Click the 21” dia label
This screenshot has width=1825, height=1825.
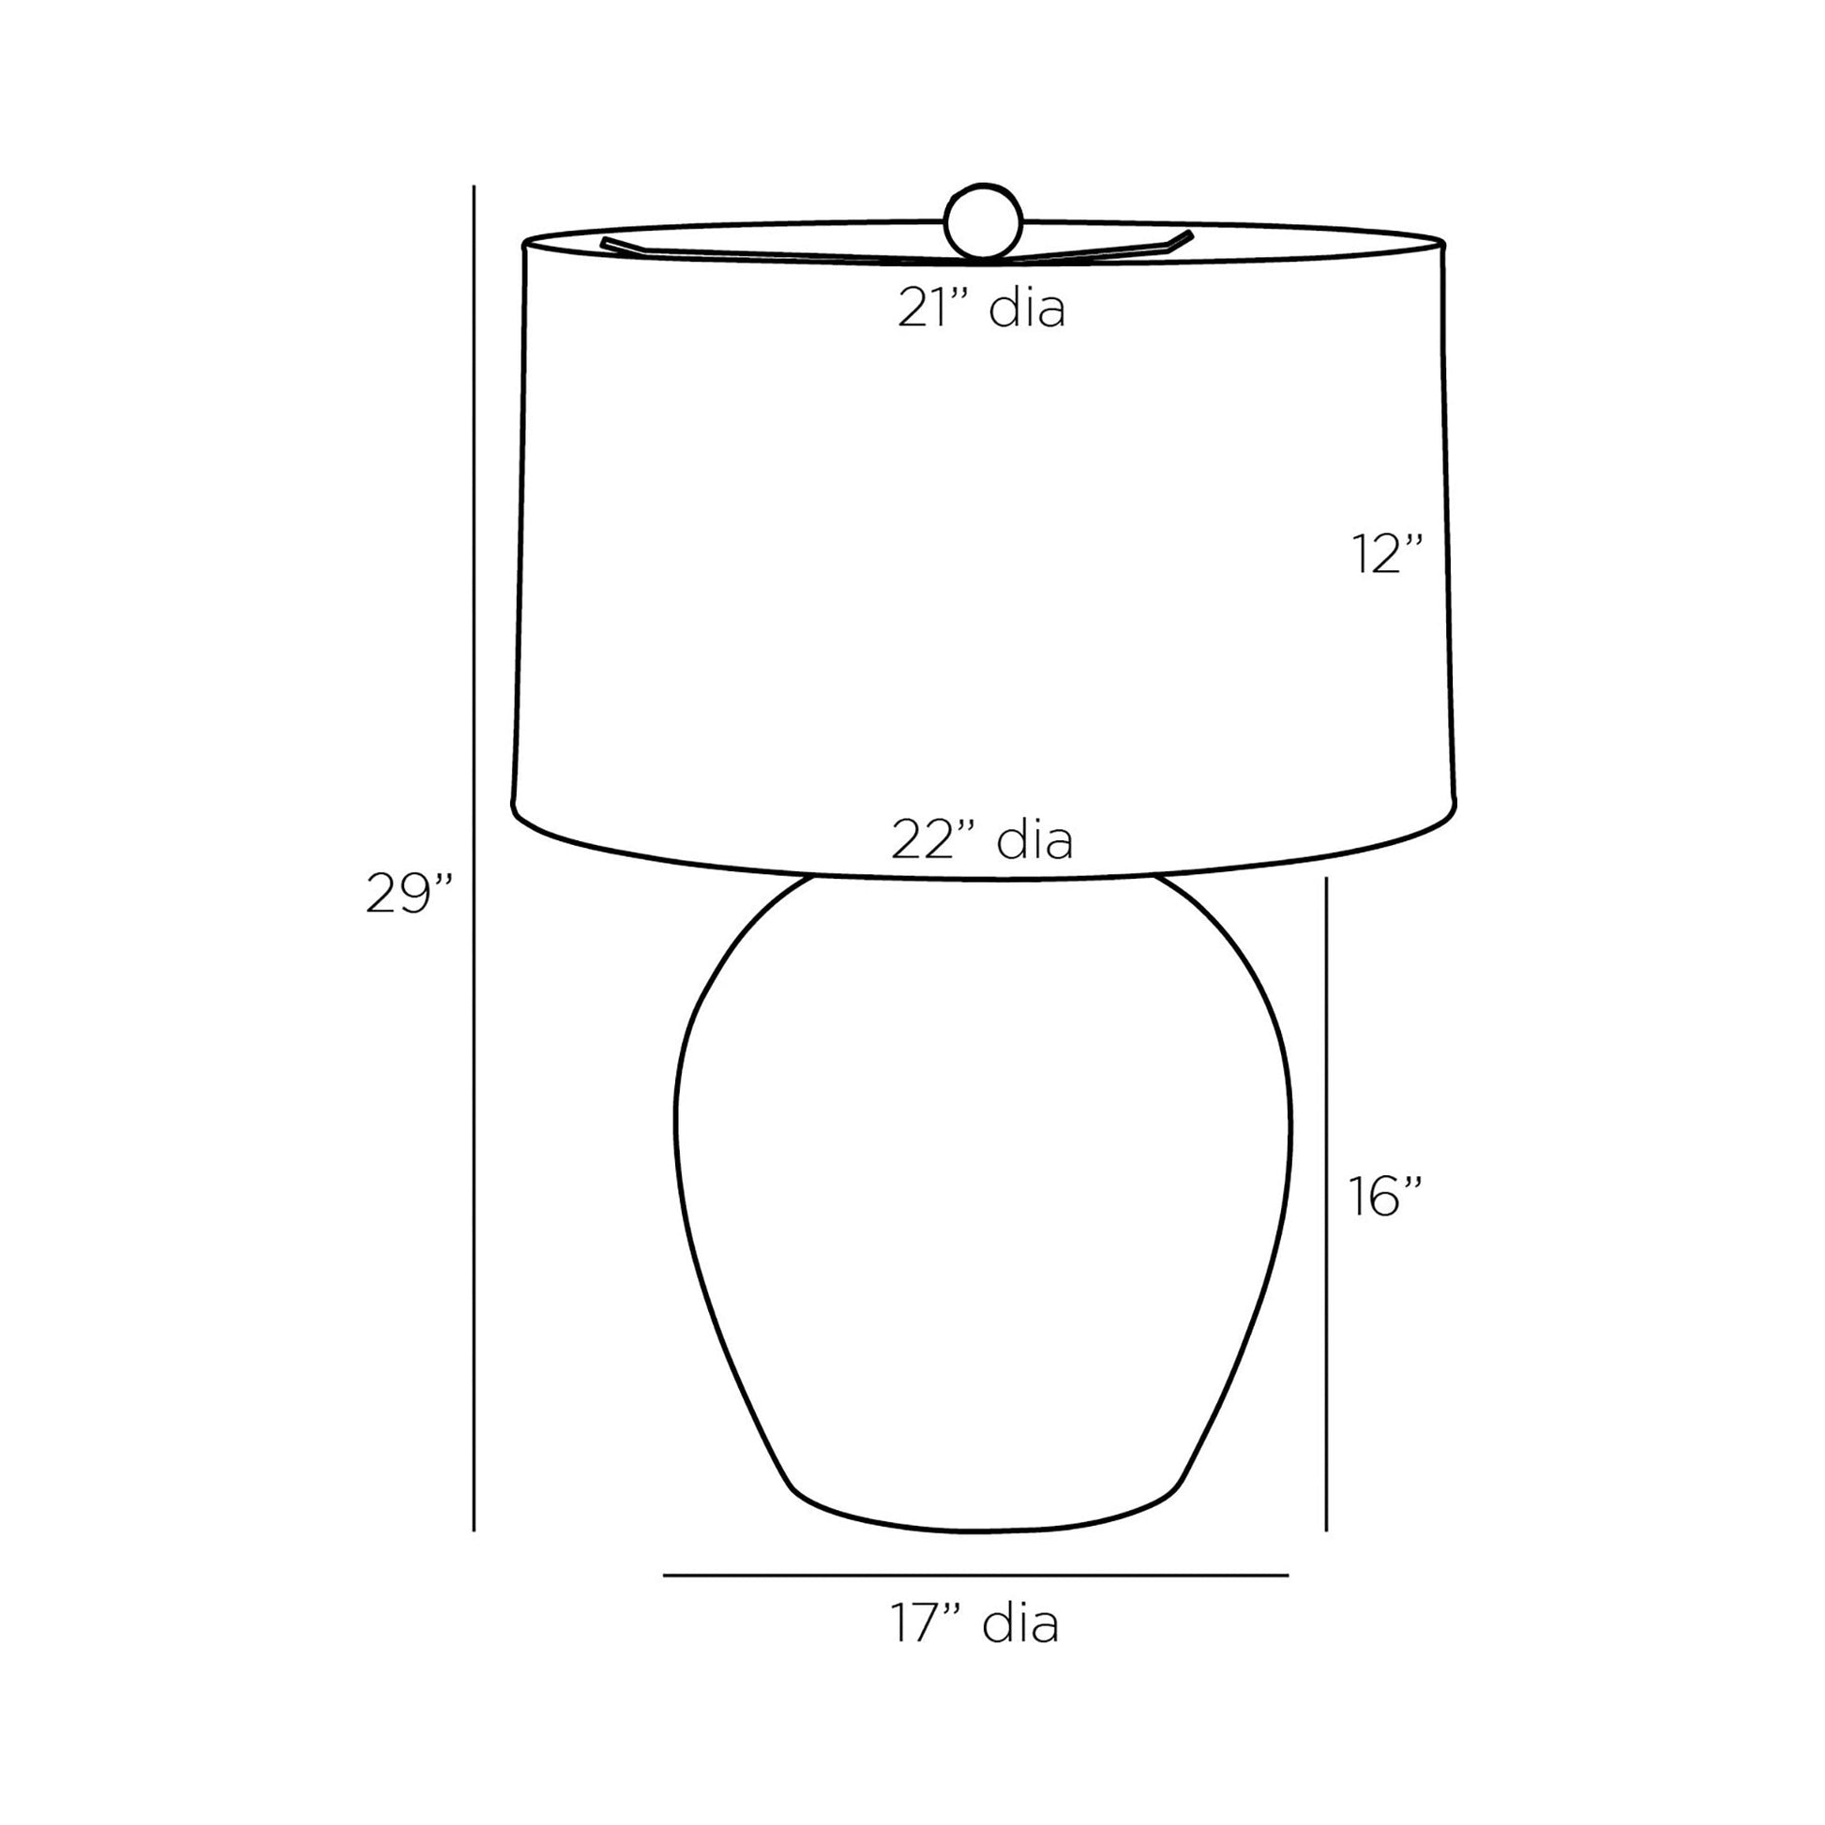coord(982,308)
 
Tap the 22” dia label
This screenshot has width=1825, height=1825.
coord(982,839)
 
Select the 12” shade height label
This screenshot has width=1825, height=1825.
coord(1387,553)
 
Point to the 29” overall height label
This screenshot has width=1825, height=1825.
coord(409,893)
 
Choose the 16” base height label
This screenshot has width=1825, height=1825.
coord(1385,1196)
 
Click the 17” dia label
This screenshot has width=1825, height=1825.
coord(974,1623)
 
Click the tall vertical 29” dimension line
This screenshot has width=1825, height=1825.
coord(474,858)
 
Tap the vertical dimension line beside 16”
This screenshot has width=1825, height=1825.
coord(1326,1203)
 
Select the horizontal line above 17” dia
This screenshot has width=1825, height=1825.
coord(975,1575)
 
